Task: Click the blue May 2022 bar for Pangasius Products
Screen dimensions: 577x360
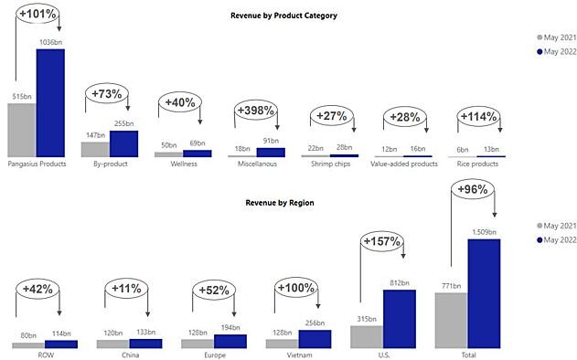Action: tap(50, 103)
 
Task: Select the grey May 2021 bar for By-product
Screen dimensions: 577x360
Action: tap(95, 149)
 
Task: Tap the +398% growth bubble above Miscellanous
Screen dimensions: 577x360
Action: tap(256, 110)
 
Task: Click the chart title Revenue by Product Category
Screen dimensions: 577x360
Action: tap(283, 16)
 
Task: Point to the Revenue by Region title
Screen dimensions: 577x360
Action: tap(280, 203)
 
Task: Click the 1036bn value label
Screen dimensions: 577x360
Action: tap(51, 42)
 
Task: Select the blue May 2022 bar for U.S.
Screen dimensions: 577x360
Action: tap(400, 319)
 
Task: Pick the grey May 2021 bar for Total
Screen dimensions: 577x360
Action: tap(451, 321)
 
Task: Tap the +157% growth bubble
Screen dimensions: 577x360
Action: tap(381, 241)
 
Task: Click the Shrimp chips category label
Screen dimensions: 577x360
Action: tap(330, 164)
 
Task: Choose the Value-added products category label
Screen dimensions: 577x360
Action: tap(404, 164)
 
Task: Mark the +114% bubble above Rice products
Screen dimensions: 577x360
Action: tap(479, 117)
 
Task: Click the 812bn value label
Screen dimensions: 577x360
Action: tap(400, 282)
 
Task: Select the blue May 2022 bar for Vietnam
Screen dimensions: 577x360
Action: tap(315, 339)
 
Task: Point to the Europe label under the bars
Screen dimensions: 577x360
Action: tap(215, 355)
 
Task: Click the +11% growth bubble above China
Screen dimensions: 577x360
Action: tap(126, 289)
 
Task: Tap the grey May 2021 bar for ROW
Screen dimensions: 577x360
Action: tap(28, 345)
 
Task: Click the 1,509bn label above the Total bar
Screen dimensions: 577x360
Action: tap(485, 232)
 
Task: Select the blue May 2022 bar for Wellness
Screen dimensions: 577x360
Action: tap(198, 154)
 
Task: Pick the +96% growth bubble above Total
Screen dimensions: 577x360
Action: tap(473, 189)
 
